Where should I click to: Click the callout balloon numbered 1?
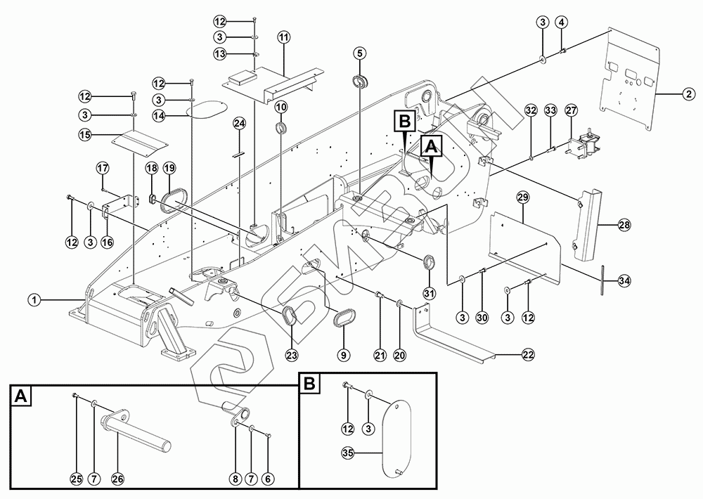(32, 300)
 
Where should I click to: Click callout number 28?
(624, 225)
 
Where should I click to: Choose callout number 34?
(624, 280)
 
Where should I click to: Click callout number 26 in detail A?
(117, 479)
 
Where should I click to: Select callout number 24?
(240, 124)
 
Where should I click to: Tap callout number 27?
(571, 110)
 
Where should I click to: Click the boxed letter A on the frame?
(430, 145)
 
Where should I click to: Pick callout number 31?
(429, 292)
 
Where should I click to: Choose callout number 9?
(343, 355)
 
